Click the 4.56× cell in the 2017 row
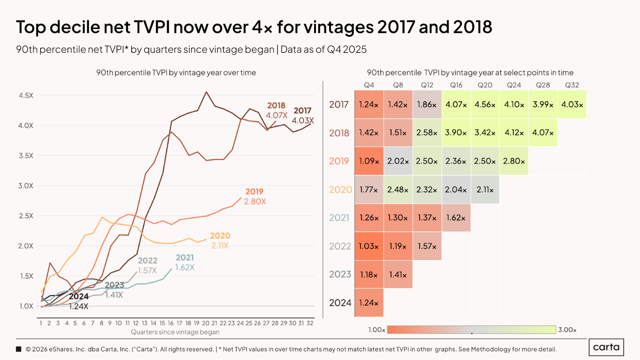coord(485,105)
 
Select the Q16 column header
coord(456,85)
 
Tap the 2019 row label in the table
coord(339,161)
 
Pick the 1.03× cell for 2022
coord(369,246)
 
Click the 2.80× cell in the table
coord(514,161)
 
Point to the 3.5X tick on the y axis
coord(26,156)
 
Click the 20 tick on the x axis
coord(206,323)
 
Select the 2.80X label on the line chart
coord(255,202)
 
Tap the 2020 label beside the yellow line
coord(220,236)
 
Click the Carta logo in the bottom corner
coord(606,347)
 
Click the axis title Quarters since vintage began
coord(175,332)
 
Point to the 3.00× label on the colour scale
coord(567,330)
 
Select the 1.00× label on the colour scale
coord(377,330)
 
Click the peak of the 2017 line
coord(206,92)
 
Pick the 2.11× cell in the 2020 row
coord(485,190)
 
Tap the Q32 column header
coord(572,85)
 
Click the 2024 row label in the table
coord(340,303)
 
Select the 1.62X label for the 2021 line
coord(185,268)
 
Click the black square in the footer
coord(19,349)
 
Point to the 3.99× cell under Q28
coord(543,105)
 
